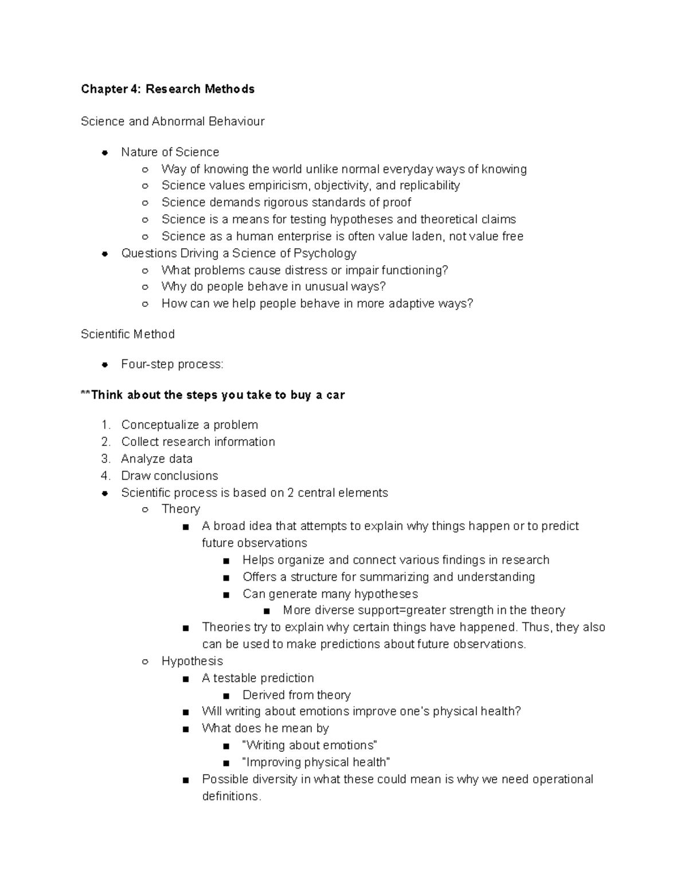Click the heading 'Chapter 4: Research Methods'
[167, 89]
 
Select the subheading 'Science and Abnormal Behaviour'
[173, 121]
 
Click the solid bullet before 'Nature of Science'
[105, 152]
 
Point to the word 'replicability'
[429, 186]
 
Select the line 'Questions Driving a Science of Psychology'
[239, 253]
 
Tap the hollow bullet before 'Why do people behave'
[146, 287]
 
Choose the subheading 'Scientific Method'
[128, 334]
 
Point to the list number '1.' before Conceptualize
[105, 425]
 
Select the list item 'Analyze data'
[157, 459]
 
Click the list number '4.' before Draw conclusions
[105, 476]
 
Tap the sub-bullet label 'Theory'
[181, 509]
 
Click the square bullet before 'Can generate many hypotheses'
[226, 594]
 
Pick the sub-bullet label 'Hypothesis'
[192, 661]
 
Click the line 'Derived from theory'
[296, 695]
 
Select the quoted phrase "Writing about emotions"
[310, 746]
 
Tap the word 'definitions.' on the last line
[232, 797]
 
